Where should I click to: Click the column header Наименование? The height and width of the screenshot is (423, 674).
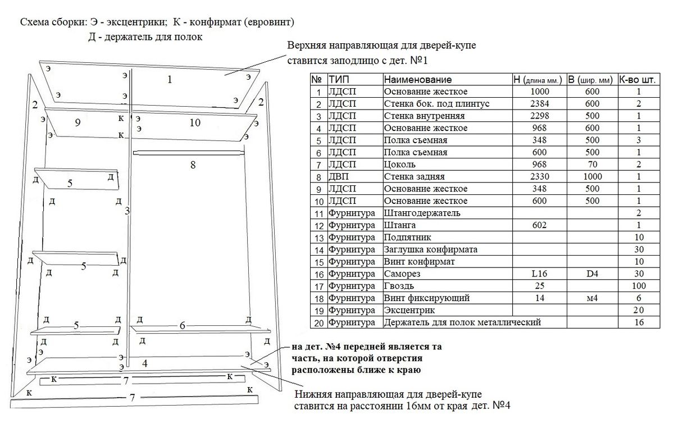(x=418, y=80)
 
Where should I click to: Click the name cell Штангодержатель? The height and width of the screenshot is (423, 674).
(x=422, y=213)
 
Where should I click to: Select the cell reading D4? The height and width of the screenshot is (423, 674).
(x=591, y=274)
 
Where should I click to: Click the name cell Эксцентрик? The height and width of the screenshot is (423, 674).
(x=409, y=310)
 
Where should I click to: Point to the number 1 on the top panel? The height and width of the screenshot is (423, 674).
(x=169, y=80)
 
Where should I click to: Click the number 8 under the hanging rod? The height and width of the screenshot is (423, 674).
(x=193, y=165)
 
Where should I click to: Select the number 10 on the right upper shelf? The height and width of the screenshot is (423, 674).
(x=195, y=122)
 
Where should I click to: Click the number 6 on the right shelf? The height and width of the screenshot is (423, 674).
(x=182, y=325)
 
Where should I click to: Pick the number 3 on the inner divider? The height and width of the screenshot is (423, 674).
(x=127, y=211)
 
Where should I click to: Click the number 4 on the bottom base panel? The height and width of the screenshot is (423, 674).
(x=145, y=363)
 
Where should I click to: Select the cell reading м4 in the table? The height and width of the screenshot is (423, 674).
(x=591, y=298)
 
